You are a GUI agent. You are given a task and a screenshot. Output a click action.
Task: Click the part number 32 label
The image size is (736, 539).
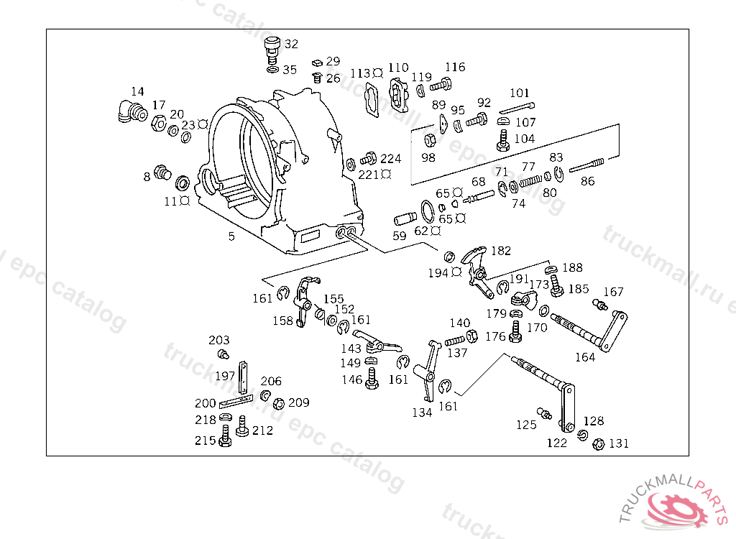point(292,44)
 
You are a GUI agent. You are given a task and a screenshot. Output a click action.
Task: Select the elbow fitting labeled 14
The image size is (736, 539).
point(132,112)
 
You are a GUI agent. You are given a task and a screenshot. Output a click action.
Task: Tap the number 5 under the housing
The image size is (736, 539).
point(231,236)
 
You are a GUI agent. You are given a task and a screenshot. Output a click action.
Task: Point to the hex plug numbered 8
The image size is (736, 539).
point(162,172)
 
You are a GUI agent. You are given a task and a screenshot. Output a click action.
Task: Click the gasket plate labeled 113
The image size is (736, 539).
point(372,99)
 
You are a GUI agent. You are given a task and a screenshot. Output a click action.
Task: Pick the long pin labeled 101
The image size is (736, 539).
point(516,108)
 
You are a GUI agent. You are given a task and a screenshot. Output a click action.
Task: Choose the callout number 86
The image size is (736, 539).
point(588,181)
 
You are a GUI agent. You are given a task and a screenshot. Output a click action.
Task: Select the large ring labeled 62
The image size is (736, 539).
point(428,211)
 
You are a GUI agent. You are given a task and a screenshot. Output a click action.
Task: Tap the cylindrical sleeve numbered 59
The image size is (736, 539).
point(405,218)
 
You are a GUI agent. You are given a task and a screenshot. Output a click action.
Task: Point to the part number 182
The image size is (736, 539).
point(501,251)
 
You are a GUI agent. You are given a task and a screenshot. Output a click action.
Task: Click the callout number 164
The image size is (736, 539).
point(585,357)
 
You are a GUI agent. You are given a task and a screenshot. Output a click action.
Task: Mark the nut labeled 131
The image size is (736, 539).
point(599,443)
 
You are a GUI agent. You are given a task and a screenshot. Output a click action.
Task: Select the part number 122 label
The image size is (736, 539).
point(557,443)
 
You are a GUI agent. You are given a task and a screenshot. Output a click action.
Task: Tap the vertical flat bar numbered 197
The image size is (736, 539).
point(243,378)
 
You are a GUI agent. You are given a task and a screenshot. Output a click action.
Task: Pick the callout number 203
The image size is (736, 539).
point(219,340)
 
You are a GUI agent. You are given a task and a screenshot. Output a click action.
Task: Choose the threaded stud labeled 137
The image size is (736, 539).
point(454,341)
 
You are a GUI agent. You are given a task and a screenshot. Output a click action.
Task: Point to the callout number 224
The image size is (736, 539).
point(390,159)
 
